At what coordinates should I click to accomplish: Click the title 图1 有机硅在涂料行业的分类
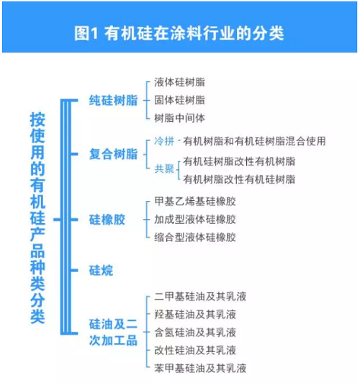click(x=179, y=33)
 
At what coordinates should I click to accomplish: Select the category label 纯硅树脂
click(x=113, y=100)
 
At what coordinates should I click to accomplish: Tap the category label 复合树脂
click(x=113, y=154)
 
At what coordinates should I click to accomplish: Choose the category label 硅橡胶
click(x=107, y=220)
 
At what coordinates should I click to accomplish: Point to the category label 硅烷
click(x=101, y=271)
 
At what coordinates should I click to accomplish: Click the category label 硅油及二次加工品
click(x=113, y=332)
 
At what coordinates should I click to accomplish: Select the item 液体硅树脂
click(x=179, y=82)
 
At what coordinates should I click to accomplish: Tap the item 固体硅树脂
click(x=179, y=100)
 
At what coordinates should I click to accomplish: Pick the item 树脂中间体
click(x=179, y=118)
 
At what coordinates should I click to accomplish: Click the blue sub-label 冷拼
click(x=164, y=141)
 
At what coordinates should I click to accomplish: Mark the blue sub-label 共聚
click(x=164, y=168)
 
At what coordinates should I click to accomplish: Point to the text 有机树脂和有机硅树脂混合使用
click(x=254, y=141)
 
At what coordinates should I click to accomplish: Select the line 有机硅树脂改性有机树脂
click(x=239, y=161)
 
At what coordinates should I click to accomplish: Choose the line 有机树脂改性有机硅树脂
click(x=239, y=179)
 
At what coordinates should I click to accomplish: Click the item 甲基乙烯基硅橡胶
click(x=195, y=202)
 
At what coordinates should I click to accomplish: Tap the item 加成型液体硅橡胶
click(x=195, y=220)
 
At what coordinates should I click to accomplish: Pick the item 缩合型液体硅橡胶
click(x=195, y=238)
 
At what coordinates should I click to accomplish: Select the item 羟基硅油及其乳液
click(x=195, y=315)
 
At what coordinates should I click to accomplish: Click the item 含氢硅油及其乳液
click(x=195, y=333)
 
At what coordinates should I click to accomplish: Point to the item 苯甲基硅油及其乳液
click(x=200, y=369)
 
